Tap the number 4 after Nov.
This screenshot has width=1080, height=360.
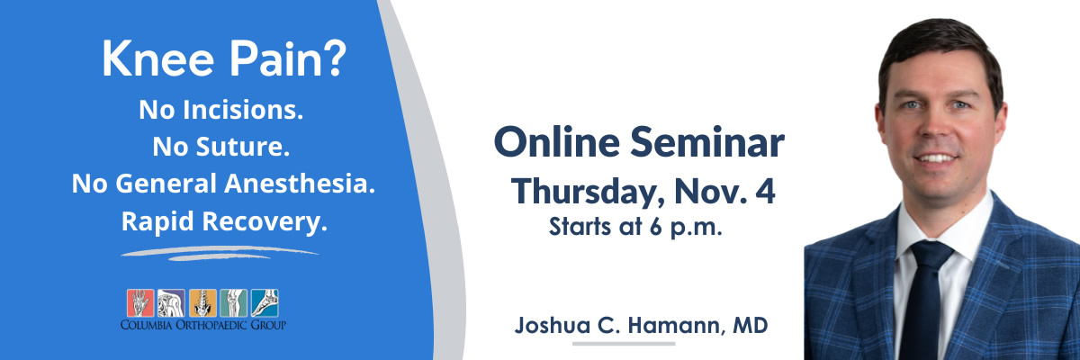tap(767, 191)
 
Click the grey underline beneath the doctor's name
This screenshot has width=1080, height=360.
tap(624, 344)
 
